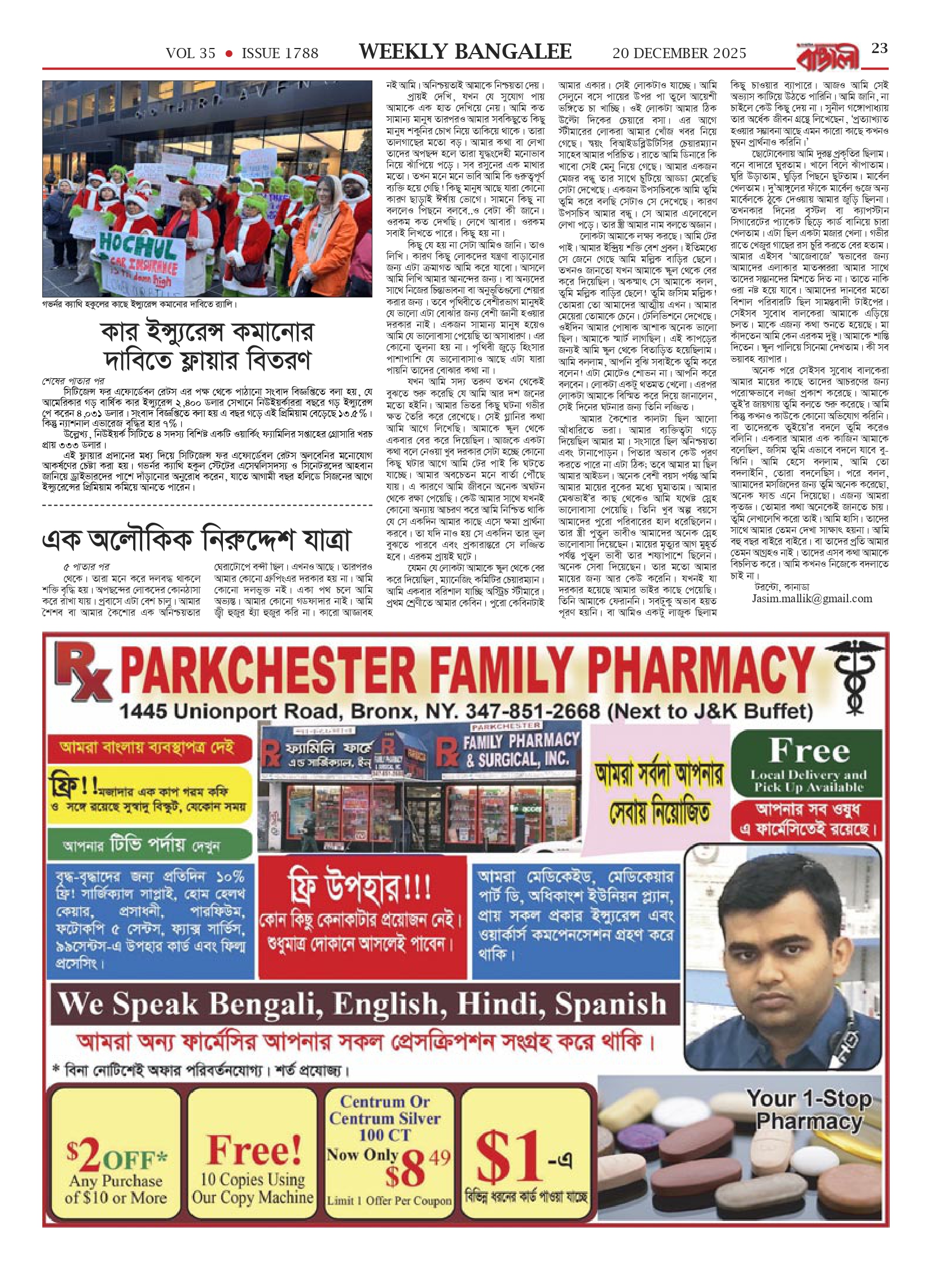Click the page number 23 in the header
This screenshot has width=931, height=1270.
(x=879, y=49)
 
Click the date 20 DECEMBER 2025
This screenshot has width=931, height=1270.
(x=679, y=54)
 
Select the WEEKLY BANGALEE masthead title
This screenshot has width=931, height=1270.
(x=465, y=52)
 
